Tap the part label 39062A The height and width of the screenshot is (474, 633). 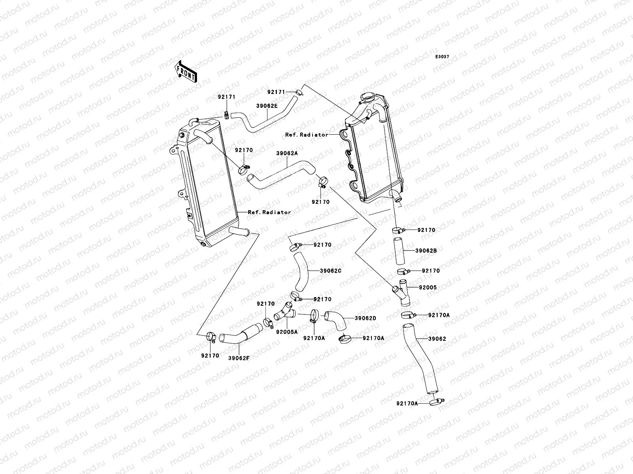(x=287, y=153)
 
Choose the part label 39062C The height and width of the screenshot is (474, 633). (x=330, y=271)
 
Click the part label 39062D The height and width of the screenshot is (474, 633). (x=365, y=318)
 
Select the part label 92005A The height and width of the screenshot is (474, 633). (x=287, y=332)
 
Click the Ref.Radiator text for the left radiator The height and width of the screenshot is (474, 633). (x=269, y=212)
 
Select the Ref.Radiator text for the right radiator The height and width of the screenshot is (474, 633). (x=307, y=135)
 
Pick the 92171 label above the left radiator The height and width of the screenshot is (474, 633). (x=226, y=97)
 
